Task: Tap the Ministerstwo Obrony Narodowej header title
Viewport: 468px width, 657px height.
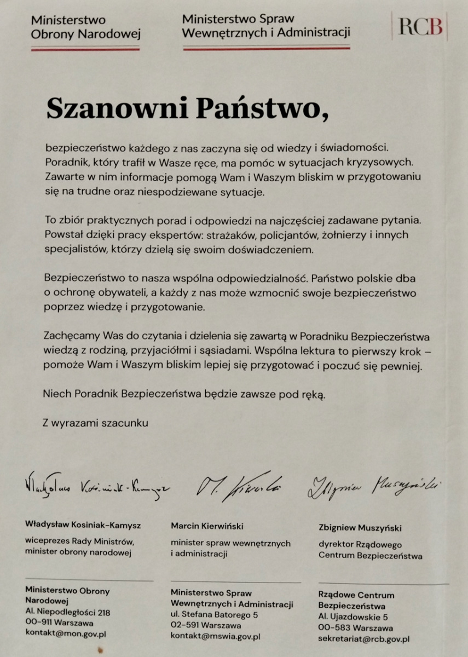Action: pos(85,27)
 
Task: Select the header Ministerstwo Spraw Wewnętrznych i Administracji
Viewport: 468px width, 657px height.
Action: pos(266,26)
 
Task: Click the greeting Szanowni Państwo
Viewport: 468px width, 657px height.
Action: pos(188,108)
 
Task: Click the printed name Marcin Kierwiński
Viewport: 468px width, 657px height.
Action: pos(207,526)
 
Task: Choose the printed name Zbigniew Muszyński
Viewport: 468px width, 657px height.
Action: pos(360,528)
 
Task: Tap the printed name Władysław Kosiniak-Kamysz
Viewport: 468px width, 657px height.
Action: pos(83,525)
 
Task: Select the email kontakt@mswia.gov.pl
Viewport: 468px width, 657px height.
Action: pos(215,636)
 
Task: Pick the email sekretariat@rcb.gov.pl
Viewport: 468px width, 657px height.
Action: pos(364,638)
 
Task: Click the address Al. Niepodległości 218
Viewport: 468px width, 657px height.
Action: pos(67,612)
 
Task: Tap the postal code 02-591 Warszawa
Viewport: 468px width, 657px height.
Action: pos(206,625)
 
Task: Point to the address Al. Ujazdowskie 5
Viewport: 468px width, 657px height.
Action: pos(353,617)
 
